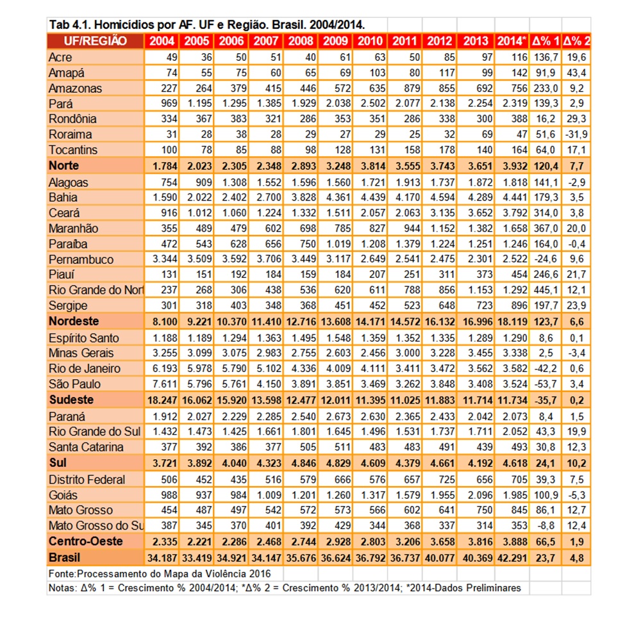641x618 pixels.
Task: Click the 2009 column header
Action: click(x=335, y=41)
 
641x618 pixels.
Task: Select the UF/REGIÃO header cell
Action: click(x=96, y=41)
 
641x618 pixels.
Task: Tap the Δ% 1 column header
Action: click(x=545, y=41)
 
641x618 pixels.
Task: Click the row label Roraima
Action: click(x=71, y=134)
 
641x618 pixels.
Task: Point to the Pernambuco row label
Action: click(x=81, y=259)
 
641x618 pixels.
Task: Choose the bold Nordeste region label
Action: click(x=74, y=321)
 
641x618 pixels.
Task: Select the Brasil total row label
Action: click(x=64, y=558)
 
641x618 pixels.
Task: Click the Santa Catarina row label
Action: click(x=86, y=447)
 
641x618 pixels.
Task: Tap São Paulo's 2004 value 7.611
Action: click(x=165, y=384)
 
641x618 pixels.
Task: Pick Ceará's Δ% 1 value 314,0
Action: click(x=545, y=213)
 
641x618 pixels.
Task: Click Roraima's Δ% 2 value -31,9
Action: click(x=577, y=134)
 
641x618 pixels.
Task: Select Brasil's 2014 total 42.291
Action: click(x=512, y=558)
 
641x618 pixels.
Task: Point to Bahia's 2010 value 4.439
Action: click(x=373, y=198)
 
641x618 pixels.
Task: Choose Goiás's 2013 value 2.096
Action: click(x=480, y=496)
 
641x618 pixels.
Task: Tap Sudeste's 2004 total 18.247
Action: click(x=162, y=400)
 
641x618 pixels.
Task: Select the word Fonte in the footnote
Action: click(x=62, y=574)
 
